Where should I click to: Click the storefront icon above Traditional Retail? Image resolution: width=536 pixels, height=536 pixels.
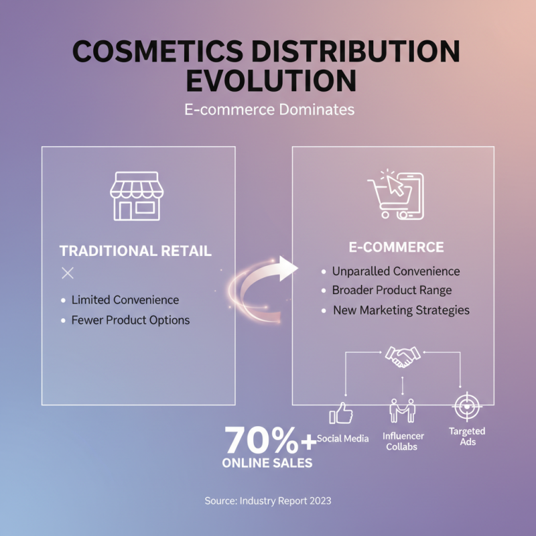tap(136, 195)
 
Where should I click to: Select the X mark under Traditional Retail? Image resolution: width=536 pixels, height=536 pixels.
tap(67, 273)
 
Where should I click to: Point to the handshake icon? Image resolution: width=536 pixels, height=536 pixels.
tap(402, 356)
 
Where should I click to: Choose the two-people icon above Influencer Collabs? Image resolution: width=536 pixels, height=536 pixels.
tap(402, 410)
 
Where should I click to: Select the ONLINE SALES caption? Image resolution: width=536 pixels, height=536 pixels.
tap(267, 463)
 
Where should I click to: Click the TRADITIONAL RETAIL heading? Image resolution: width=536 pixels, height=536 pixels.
tap(135, 251)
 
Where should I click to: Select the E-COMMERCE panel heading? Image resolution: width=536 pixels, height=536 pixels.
tap(396, 247)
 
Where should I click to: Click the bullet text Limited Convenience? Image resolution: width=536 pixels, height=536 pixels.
tap(125, 299)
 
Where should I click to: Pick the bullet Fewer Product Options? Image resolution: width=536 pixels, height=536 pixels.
tap(131, 320)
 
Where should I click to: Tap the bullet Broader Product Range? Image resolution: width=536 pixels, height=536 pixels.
tap(392, 290)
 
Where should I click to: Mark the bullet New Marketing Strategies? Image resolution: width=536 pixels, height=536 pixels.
tap(401, 310)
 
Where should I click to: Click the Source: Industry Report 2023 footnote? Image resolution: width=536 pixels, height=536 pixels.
tap(268, 500)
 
